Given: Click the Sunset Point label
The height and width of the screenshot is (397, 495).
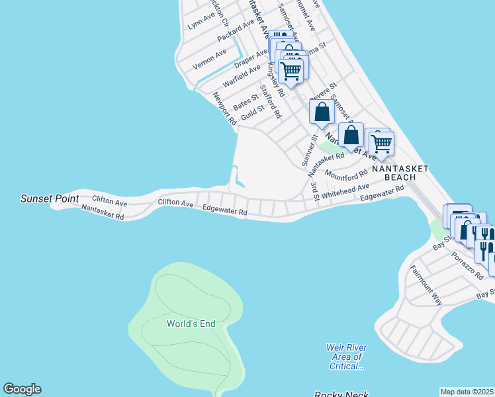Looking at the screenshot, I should point(50,198).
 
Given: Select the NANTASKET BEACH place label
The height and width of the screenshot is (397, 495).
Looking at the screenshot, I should point(400,173).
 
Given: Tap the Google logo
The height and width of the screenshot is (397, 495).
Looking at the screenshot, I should point(22,389).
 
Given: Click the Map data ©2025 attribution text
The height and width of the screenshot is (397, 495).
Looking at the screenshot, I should point(467,391).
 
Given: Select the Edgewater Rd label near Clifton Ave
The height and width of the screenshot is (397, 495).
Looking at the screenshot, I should point(225,209).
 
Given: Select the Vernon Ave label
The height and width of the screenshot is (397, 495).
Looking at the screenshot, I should point(210,58).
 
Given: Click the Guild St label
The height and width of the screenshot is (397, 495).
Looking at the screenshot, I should point(253,112).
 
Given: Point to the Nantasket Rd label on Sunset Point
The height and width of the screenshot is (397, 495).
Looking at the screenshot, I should point(103,212).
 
